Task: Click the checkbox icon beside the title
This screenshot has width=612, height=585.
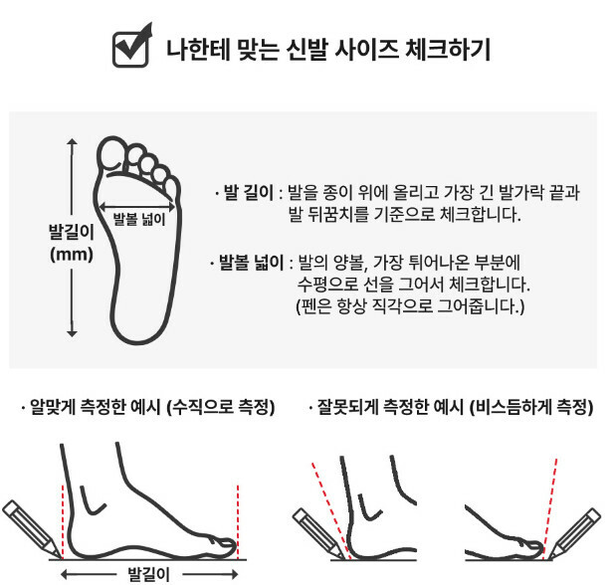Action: pyautogui.click(x=130, y=47)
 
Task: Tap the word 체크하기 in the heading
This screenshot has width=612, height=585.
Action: pyautogui.click(x=447, y=50)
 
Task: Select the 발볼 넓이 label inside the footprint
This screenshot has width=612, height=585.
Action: pyautogui.click(x=139, y=219)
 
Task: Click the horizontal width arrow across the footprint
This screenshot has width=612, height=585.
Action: pyautogui.click(x=136, y=207)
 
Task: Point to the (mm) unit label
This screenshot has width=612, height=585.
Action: pyautogui.click(x=72, y=255)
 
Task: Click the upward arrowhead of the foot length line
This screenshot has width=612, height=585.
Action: pyautogui.click(x=72, y=141)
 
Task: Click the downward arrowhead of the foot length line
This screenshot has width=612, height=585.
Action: pyautogui.click(x=72, y=333)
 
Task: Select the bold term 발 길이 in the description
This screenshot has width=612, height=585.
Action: pyautogui.click(x=249, y=192)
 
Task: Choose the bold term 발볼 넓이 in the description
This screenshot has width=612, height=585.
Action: pyautogui.click(x=251, y=263)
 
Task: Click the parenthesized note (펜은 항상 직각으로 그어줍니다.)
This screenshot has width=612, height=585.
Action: pyautogui.click(x=410, y=306)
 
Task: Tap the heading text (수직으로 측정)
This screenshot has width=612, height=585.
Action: pyautogui.click(x=221, y=407)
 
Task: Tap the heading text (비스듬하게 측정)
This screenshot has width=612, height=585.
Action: pyautogui.click(x=531, y=407)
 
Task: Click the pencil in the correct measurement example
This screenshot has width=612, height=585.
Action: pyautogui.click(x=31, y=529)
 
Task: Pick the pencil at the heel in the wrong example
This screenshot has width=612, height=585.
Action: pyautogui.click(x=318, y=533)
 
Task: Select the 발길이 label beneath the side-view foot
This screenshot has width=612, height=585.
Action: pyautogui.click(x=149, y=574)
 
